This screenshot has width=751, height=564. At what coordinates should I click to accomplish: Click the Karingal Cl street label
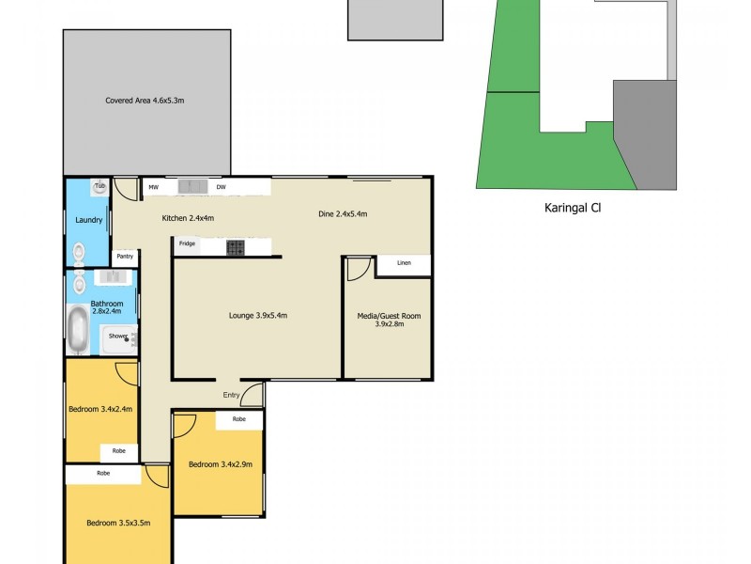coord(572,209)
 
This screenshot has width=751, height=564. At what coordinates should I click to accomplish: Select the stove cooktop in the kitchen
coord(235,248)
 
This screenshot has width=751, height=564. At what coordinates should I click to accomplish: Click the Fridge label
coord(188,243)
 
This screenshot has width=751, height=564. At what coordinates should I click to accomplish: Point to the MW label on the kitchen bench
coord(153,188)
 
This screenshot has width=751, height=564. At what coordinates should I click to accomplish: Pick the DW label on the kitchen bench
coord(221,188)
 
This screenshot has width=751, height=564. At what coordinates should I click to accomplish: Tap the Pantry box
coord(124,256)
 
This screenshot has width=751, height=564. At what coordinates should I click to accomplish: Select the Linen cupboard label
coord(404,263)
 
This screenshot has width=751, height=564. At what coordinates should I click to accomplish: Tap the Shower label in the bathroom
coord(117,336)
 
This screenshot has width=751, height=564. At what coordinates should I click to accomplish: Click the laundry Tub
coord(99,187)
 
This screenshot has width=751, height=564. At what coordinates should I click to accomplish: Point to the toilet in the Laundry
coord(79,252)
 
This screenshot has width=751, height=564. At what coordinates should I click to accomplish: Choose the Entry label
coord(231,395)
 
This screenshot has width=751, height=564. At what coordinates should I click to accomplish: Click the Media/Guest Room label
coord(389,321)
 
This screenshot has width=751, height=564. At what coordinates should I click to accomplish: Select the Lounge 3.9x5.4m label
coord(257,316)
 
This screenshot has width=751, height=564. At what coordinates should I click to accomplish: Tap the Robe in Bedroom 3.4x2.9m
coord(239,419)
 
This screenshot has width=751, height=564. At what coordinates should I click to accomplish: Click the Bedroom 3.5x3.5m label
coord(118,524)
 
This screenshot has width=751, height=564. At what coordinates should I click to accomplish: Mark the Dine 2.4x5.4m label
coord(343,214)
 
